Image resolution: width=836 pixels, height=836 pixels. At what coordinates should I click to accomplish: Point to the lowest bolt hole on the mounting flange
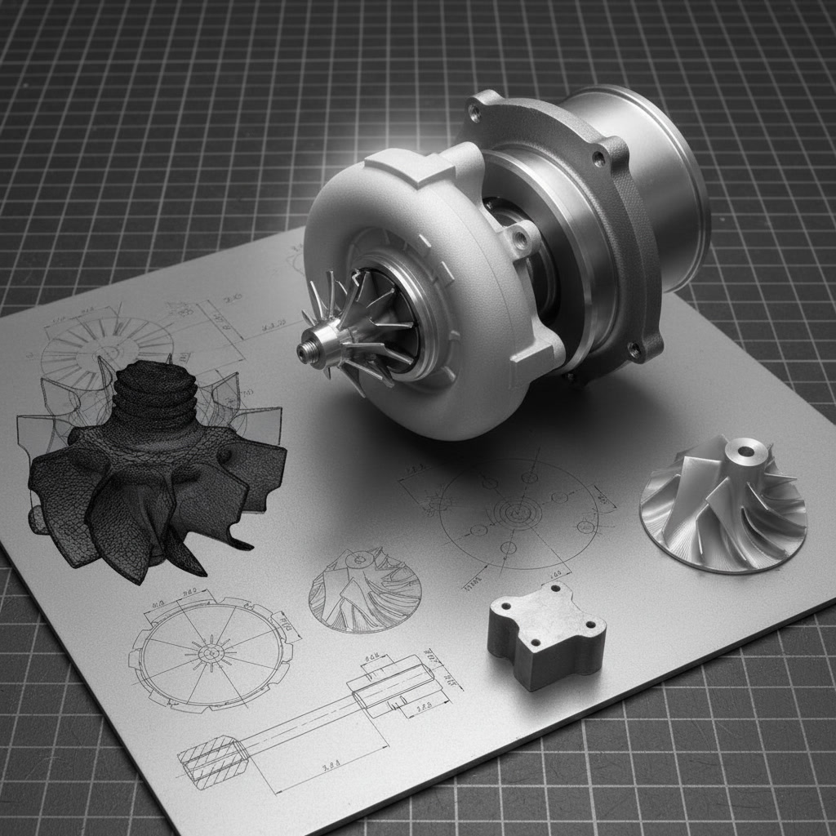point(633,351)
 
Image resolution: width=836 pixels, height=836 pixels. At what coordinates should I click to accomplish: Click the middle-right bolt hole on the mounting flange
point(599,158)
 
